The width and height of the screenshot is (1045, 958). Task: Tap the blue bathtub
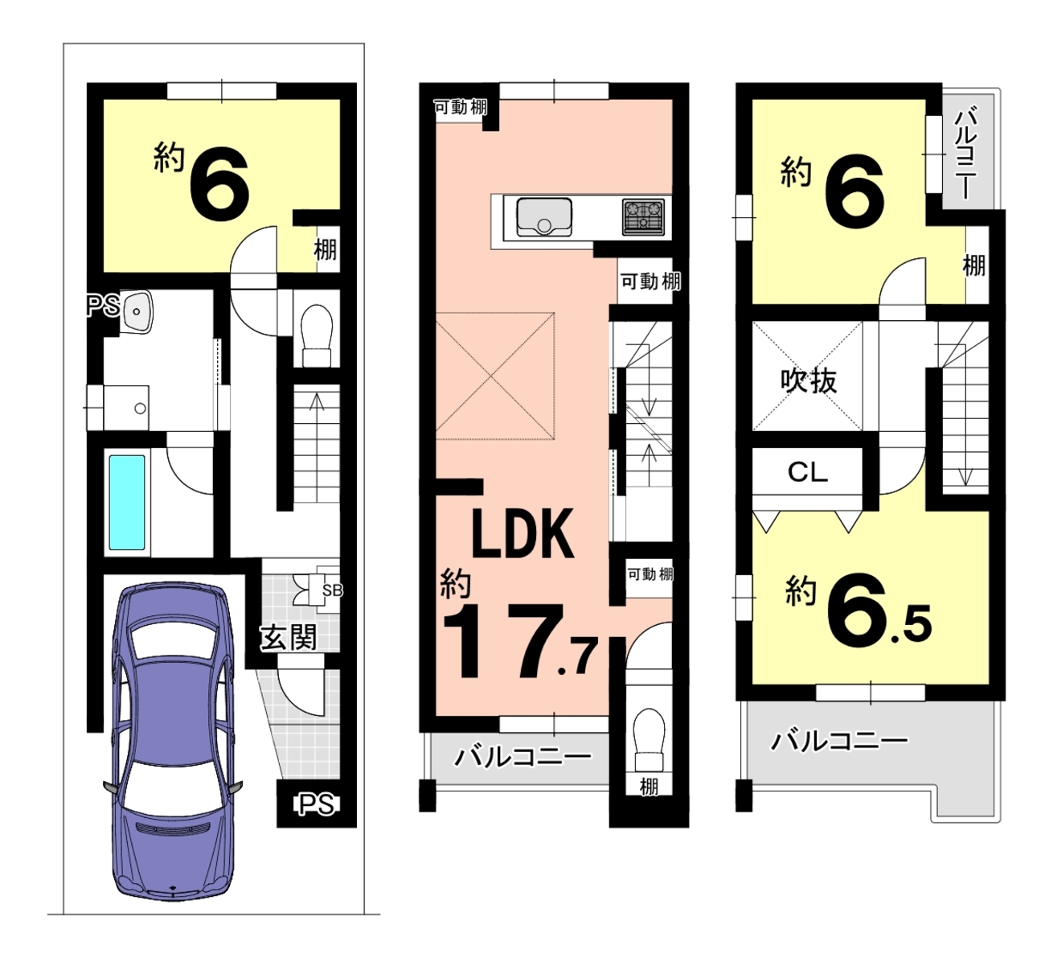126,502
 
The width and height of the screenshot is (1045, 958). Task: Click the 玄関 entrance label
289,637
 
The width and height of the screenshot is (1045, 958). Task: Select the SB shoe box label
332,590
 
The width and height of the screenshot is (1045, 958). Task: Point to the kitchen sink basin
544,217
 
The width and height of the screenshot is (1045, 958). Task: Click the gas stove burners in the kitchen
643,216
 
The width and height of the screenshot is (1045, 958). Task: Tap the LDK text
523,533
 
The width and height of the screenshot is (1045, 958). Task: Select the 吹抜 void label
808,380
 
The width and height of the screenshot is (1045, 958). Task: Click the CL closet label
807,472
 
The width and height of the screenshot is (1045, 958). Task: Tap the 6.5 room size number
879,611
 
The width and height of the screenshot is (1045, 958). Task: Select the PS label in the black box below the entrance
316,804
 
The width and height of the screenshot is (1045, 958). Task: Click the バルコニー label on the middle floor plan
523,755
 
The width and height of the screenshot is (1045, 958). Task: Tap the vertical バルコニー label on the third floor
965,153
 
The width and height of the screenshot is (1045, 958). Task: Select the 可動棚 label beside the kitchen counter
650,282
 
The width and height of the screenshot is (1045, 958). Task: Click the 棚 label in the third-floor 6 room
973,265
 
